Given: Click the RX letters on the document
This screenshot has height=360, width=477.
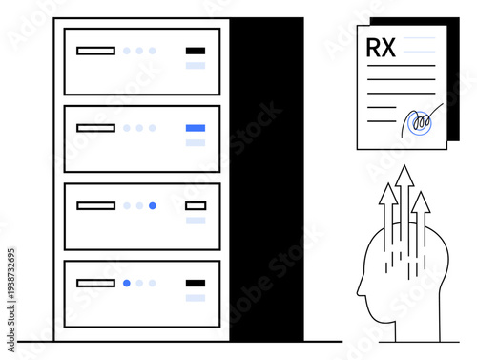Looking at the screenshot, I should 379,47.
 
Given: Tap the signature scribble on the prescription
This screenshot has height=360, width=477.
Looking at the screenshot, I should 417,122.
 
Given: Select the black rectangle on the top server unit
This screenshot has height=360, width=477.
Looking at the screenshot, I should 196,51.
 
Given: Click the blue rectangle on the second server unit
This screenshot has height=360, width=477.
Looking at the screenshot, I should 196,127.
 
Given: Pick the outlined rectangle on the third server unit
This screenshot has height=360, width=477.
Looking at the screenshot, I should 196,205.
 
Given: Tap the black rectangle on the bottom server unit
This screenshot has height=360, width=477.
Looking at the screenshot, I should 196,283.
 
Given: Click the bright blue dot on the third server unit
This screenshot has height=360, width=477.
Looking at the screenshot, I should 153,205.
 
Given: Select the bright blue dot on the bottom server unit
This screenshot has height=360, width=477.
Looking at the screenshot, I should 127,283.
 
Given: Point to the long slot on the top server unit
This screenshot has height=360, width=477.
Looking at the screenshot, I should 95,51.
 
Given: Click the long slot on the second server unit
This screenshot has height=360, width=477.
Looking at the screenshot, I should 95,127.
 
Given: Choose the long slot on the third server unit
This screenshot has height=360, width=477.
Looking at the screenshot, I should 95,205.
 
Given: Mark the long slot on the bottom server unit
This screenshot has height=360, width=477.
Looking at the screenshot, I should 95,283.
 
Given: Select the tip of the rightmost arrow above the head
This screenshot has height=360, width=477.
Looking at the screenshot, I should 421,195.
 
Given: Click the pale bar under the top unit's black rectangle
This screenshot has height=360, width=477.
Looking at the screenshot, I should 196,66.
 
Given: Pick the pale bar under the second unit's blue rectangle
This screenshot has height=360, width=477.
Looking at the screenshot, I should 196,142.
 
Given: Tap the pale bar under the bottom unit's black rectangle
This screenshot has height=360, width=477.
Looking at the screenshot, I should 196,298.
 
